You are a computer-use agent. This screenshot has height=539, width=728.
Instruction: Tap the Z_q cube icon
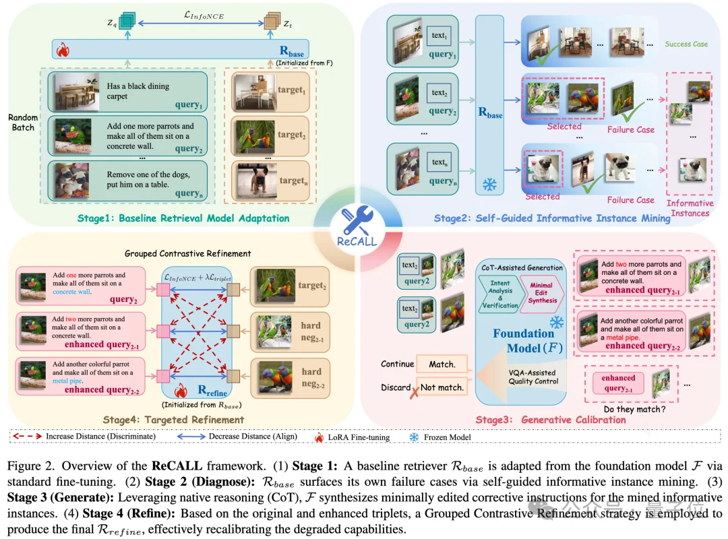pos(127,22)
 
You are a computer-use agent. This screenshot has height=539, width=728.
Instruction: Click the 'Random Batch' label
pos(22,123)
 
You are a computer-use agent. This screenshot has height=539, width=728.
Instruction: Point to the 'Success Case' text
pos(686,44)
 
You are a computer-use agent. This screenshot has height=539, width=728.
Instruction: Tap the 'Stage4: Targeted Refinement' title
pos(174,420)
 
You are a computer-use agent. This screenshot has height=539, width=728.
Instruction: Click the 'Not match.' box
pos(442,387)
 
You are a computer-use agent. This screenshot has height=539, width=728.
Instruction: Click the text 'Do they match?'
pos(634,408)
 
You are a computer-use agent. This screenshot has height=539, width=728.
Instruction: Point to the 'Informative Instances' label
pos(690,208)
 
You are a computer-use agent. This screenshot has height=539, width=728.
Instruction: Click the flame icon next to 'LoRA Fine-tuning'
pos(320,437)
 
